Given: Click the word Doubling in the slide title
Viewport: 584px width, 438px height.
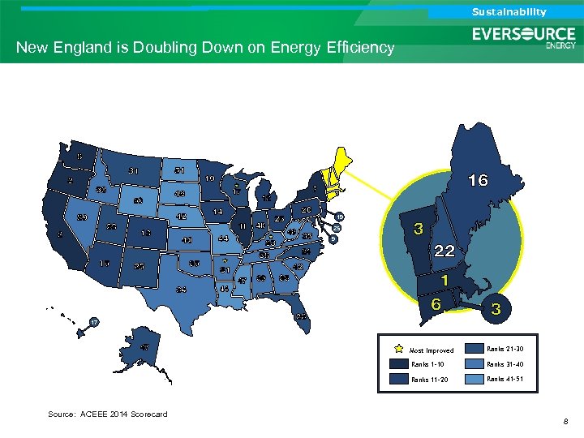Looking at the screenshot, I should click(163, 48).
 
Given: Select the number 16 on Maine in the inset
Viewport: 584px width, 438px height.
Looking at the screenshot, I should click(478, 180).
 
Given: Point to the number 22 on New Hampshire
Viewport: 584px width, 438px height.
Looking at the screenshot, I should click(444, 251).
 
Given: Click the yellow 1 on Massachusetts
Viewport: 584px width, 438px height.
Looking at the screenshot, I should click(444, 279).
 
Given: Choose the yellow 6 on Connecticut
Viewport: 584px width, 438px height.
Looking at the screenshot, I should click(436, 303).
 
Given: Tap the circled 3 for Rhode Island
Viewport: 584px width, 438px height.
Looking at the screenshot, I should click(496, 309).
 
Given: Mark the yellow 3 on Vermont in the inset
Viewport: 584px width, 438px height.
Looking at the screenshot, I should click(418, 229).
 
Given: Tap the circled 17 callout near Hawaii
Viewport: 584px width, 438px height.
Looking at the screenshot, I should click(94, 322).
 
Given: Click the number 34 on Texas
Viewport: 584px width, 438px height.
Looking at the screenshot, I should click(182, 289).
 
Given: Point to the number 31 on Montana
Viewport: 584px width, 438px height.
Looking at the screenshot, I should click(133, 170).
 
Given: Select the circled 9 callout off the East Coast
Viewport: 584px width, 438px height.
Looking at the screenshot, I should click(333, 238).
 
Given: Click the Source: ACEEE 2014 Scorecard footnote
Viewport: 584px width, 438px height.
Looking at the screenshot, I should click(107, 414).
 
